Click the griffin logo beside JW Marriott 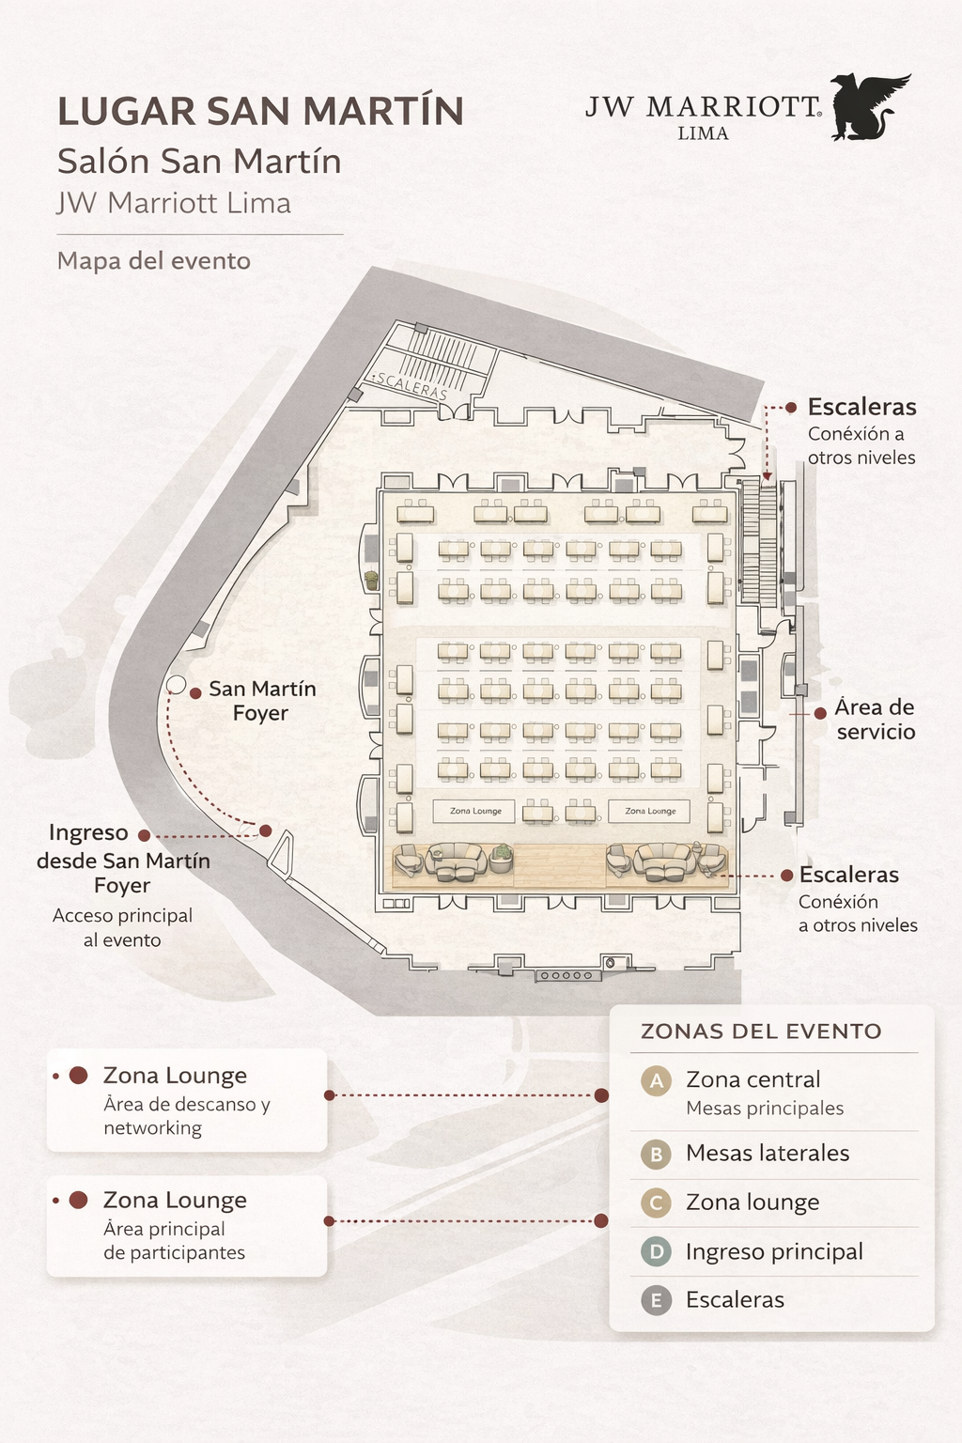[869, 107]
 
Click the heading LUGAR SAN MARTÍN [260, 111]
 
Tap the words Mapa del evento [154, 260]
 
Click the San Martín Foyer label [261, 701]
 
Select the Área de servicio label [875, 720]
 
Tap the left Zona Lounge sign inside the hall [475, 811]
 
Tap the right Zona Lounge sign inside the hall [650, 811]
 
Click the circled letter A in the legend [656, 1081]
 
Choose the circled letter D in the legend [656, 1251]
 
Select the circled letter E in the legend [656, 1300]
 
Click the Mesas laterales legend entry [768, 1154]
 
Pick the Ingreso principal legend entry [774, 1251]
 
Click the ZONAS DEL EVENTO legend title [761, 1032]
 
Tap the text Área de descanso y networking [186, 1116]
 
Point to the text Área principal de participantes [174, 1241]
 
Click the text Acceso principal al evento [122, 927]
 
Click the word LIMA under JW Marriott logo [703, 133]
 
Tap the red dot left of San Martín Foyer [195, 693]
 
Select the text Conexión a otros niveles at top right [861, 445]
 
